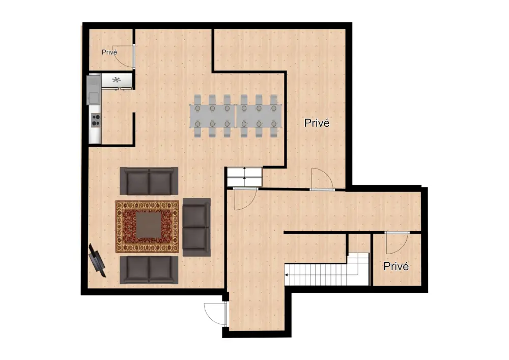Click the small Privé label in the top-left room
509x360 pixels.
tap(109, 52)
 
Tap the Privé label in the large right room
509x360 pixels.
tap(317, 123)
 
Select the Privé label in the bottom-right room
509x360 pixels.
tap(397, 266)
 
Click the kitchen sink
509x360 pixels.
tap(94, 95)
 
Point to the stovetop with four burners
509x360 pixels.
tap(95, 120)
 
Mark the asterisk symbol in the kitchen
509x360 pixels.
tap(117, 80)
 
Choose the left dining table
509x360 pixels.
tap(212, 116)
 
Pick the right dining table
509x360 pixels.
tap(259, 116)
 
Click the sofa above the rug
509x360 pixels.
tap(149, 180)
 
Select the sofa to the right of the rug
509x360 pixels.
tap(196, 227)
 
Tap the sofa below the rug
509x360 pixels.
tap(149, 269)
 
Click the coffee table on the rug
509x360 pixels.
tap(147, 226)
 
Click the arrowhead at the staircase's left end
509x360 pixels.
tap(287, 275)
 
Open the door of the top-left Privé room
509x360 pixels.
tap(125, 56)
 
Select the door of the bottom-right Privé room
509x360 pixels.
tap(397, 242)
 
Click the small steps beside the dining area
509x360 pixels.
tap(244, 176)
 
